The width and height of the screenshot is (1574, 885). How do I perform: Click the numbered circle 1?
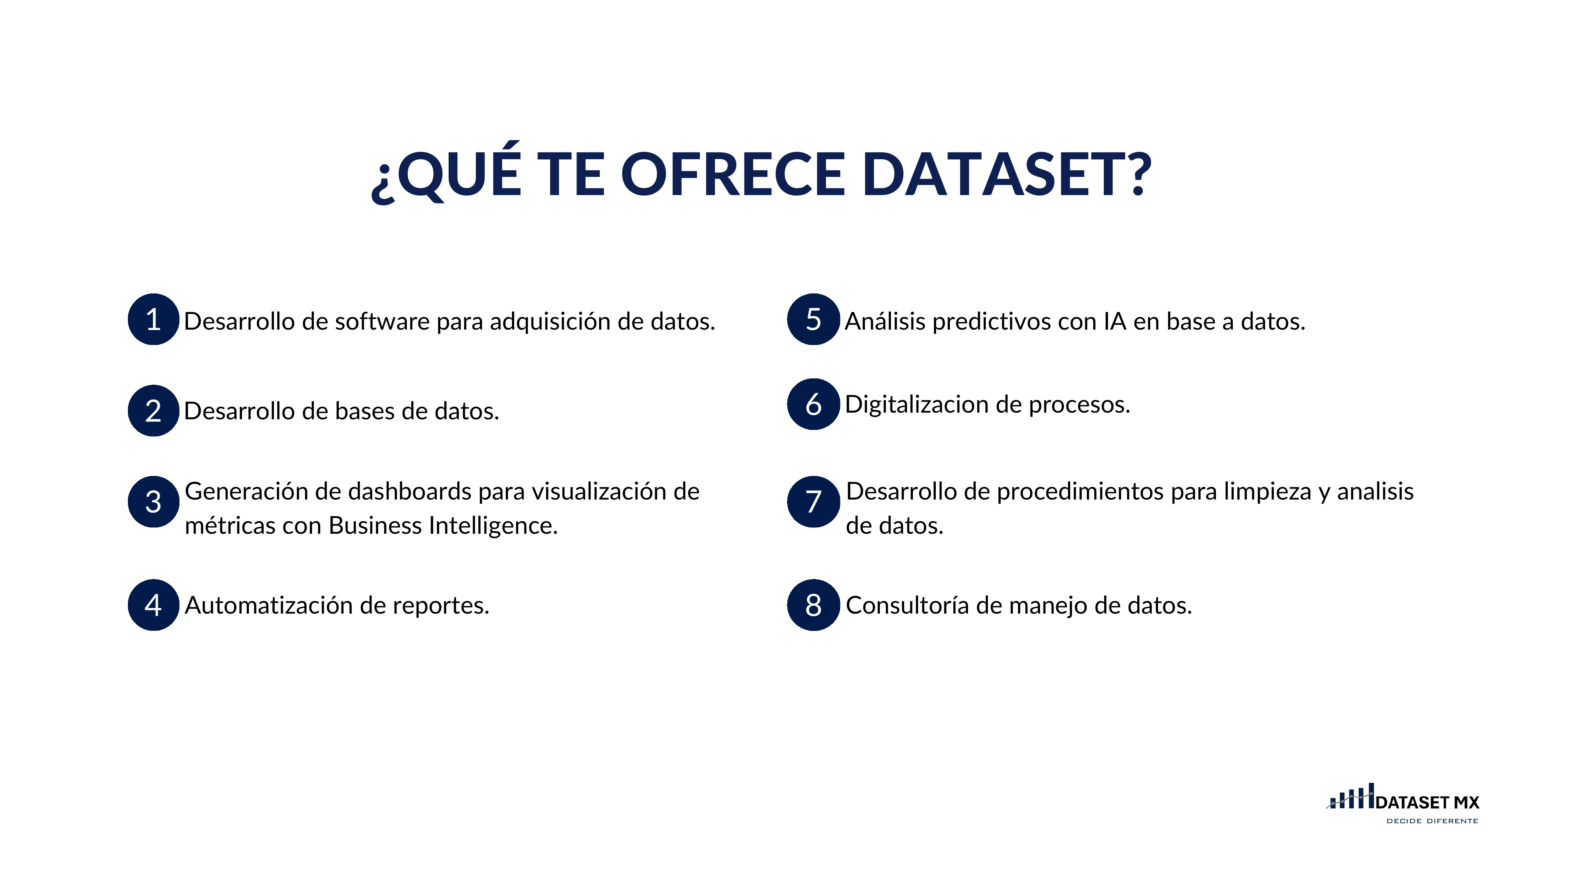click(153, 319)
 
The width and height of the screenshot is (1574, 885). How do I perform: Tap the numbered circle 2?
click(153, 410)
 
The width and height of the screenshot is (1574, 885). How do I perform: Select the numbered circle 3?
click(153, 501)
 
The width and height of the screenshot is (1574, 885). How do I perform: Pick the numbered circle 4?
click(153, 605)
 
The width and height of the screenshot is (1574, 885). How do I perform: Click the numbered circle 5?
click(813, 319)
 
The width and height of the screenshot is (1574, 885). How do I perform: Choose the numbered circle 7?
click(813, 501)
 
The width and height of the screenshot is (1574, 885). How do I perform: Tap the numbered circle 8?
click(813, 605)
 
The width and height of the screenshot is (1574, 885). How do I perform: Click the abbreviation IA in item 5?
click(1114, 321)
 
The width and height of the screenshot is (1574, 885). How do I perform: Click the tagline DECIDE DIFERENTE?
click(1432, 821)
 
